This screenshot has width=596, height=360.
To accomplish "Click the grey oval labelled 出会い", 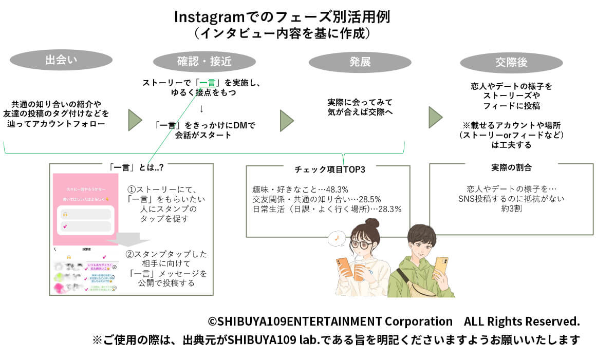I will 61,60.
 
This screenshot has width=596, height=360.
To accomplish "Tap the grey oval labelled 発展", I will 360,62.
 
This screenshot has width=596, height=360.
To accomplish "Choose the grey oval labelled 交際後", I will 511,63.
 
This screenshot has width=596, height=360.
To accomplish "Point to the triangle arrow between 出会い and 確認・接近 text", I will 135,120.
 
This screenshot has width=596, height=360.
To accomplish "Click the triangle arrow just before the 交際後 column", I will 435,118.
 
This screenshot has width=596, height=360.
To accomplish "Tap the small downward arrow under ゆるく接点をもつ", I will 202,108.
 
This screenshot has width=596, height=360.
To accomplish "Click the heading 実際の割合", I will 511,168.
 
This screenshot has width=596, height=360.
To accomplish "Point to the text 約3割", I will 511,209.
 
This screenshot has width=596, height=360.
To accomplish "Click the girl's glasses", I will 362,244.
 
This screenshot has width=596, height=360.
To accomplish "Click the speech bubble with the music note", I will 337,237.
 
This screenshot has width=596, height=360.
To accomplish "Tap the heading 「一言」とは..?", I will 137,168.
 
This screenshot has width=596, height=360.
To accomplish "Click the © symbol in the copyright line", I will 212,322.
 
